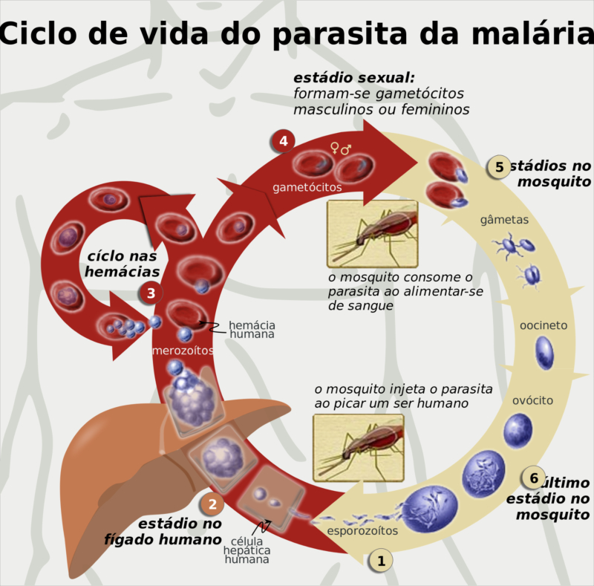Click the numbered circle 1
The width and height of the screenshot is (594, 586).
click(381, 561)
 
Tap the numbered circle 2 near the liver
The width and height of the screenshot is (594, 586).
click(212, 505)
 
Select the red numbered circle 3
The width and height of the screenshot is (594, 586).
click(151, 293)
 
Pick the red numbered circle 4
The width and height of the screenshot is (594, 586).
click(282, 140)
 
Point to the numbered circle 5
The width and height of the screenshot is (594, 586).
click(499, 167)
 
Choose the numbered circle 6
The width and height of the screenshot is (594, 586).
click(532, 476)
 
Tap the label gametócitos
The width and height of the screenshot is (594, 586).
click(307, 187)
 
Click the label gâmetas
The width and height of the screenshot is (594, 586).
click(504, 220)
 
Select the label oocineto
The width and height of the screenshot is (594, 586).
click(544, 325)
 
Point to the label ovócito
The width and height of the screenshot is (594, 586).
click(532, 400)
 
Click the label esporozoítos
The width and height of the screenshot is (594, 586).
click(362, 531)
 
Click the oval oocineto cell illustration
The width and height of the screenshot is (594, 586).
click(545, 353)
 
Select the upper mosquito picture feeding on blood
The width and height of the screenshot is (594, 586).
click(372, 233)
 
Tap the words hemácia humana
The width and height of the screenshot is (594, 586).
click(252, 330)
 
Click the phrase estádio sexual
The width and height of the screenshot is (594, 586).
click(354, 77)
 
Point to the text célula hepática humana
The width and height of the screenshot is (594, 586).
click(247, 550)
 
